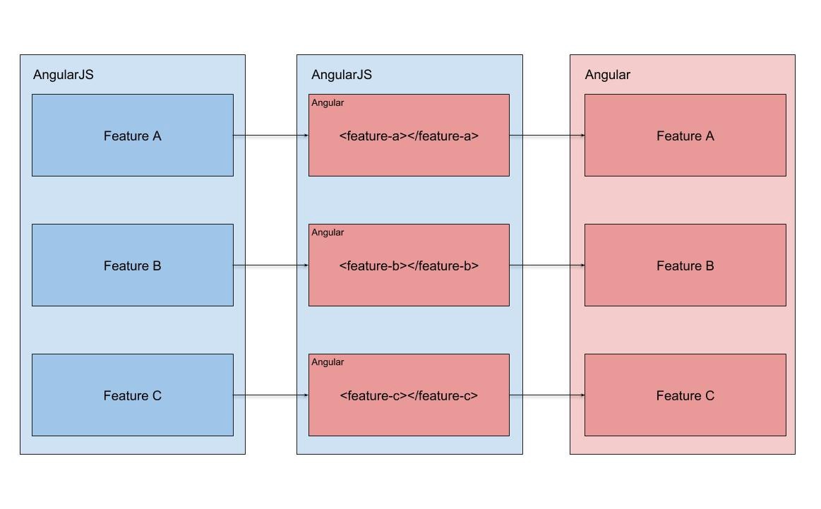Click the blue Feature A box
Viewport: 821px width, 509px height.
pos(132,136)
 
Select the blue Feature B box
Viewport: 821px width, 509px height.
pos(132,265)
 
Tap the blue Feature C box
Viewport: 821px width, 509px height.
pos(132,395)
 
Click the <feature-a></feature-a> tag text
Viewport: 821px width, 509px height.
pos(409,136)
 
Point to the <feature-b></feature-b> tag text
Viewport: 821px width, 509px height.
pos(409,266)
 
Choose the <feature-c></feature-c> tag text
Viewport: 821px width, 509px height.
pos(409,396)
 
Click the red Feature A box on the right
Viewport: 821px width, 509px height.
pos(685,136)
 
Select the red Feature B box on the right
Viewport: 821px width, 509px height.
pos(685,265)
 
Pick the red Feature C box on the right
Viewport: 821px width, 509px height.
pos(685,395)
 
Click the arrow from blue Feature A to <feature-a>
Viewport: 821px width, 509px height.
pos(271,135)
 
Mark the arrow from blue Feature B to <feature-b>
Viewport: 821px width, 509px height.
pos(271,265)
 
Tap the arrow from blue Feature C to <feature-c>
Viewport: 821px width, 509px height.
pos(271,395)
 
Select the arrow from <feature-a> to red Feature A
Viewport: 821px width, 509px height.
pos(547,135)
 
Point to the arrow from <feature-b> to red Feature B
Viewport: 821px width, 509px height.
pos(547,265)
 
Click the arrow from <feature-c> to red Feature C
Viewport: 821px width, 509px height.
pos(547,395)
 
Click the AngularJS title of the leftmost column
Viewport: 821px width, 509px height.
pos(64,75)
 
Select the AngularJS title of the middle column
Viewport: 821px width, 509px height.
pos(342,75)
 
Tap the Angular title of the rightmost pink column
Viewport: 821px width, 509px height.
pos(608,75)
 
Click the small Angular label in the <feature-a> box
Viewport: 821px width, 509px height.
pos(328,103)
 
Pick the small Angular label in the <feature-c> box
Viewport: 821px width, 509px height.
pos(328,362)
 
